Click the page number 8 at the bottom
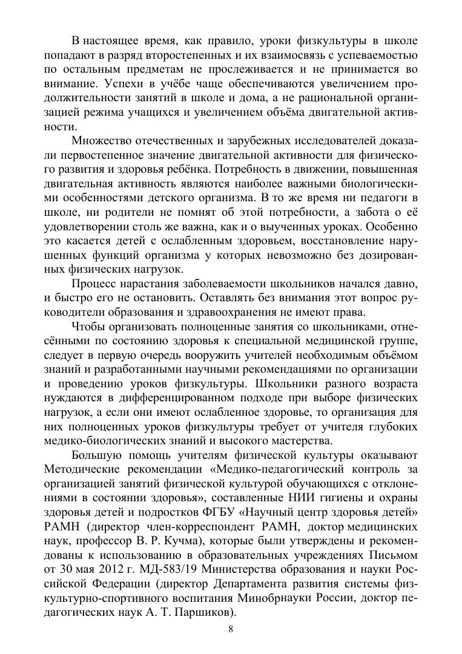tap(231, 628)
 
